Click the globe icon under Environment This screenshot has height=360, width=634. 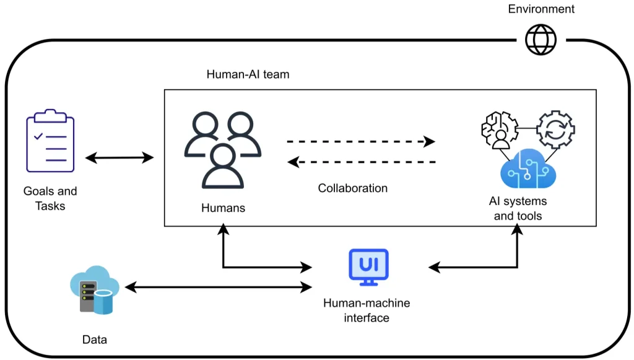541,40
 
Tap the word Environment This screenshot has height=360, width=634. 541,9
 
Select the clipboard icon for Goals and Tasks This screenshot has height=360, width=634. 50,141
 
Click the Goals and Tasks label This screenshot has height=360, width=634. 50,198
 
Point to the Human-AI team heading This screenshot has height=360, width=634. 248,74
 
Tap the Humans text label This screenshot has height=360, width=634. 223,208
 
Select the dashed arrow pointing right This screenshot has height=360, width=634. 361,141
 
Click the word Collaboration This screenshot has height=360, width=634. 353,188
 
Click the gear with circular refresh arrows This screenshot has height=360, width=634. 555,130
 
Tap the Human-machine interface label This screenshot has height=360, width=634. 367,310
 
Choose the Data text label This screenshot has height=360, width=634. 94,340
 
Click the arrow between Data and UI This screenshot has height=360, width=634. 218,287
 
